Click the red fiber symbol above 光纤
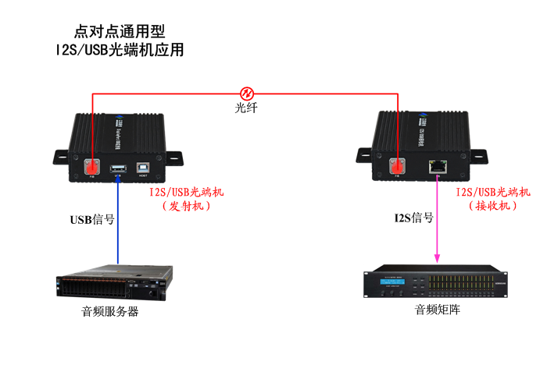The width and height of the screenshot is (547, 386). (246, 92)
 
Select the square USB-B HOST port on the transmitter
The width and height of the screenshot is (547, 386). (144, 166)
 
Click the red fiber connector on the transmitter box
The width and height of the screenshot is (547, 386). (93, 166)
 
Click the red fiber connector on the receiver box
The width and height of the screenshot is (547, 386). (398, 165)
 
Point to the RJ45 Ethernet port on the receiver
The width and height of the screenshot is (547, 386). (435, 165)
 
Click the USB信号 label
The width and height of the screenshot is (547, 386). (93, 219)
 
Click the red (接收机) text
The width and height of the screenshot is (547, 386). (493, 206)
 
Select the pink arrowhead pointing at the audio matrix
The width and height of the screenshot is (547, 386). (436, 256)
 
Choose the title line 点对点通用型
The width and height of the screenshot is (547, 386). (120, 32)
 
